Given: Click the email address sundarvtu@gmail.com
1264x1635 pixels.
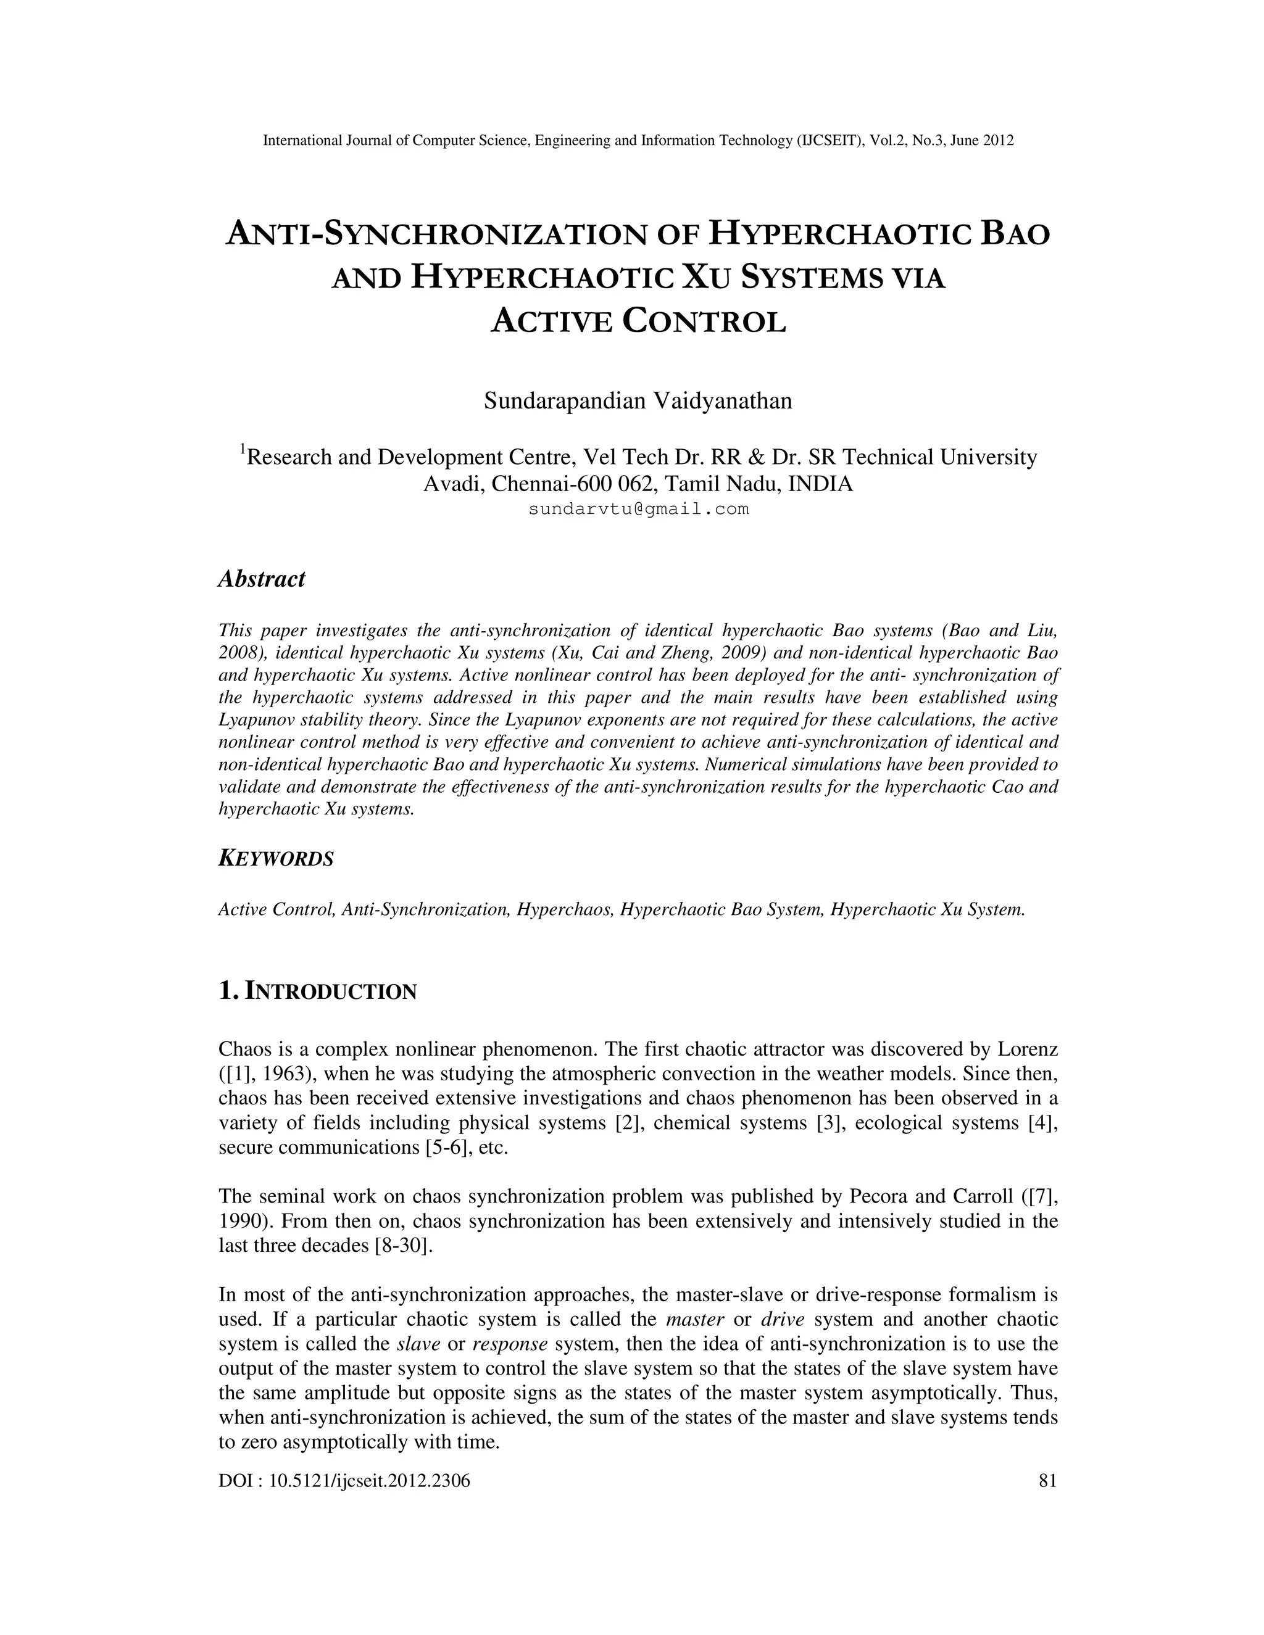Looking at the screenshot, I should click(638, 510).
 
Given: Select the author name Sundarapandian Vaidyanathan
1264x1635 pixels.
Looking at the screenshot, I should click(638, 401).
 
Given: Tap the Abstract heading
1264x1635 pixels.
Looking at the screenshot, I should click(261, 579).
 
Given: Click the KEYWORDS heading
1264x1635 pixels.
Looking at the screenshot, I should click(275, 859).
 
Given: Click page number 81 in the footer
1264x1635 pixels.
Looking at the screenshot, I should click(1047, 1480).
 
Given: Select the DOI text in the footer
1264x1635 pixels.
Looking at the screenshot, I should click(344, 1480).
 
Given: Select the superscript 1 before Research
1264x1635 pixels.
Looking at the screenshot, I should click(243, 449).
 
